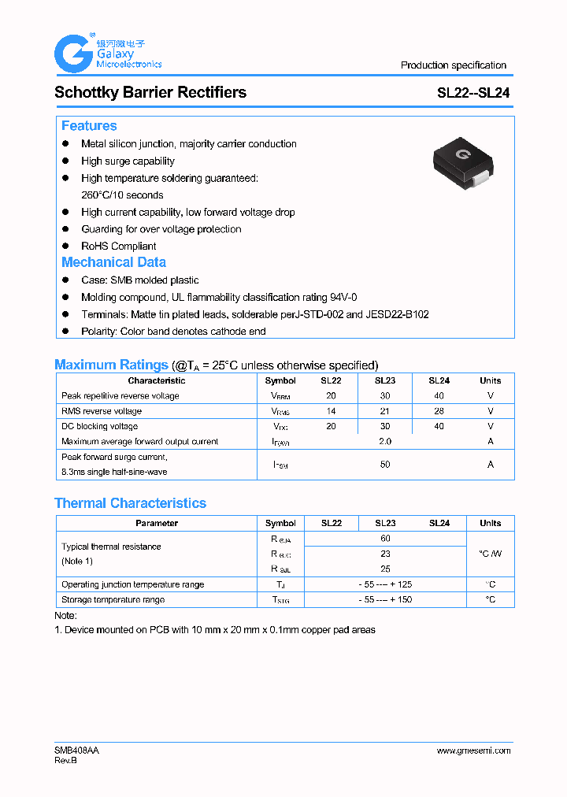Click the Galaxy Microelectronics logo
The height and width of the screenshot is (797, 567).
coord(107,54)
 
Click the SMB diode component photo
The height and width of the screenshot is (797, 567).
coord(464,161)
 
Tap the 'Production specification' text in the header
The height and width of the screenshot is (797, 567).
coord(453,65)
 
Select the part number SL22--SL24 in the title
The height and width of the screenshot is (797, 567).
coord(473,92)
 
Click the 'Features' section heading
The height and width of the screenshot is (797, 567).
coord(89,126)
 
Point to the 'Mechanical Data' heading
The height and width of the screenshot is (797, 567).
coord(113,262)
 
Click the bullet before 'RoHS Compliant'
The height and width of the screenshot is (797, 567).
coord(66,246)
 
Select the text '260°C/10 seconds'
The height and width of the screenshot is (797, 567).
coord(122,195)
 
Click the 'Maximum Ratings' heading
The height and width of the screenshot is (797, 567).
coord(111,365)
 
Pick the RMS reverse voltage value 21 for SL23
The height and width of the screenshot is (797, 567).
coord(385,411)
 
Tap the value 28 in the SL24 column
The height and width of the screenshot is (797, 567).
coord(439,411)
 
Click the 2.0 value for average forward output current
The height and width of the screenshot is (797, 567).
coord(385,442)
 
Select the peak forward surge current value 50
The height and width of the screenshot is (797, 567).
coord(385,465)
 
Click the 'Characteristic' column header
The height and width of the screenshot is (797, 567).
coord(157,380)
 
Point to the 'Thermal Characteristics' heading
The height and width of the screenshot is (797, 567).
coord(130,503)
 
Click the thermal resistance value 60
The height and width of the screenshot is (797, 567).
coord(385,539)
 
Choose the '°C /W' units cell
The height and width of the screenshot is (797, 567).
coord(490,554)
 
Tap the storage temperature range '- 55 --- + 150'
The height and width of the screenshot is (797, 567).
coord(385,600)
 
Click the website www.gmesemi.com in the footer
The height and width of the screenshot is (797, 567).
coord(473,751)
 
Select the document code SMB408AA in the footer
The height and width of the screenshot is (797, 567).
coord(76,751)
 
